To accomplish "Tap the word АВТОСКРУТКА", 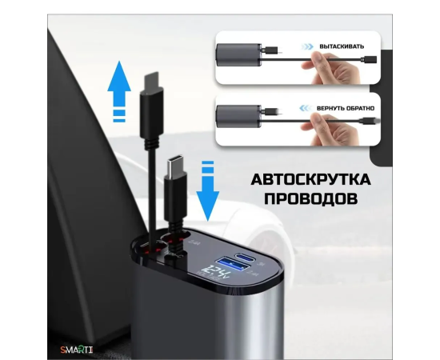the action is (310, 179).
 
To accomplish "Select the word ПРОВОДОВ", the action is (310, 198).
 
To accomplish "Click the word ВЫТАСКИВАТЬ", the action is (342, 46).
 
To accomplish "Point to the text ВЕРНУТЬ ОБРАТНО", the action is (346, 108).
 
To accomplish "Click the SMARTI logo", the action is (77, 350).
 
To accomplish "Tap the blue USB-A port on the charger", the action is (232, 264).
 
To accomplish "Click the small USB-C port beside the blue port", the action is (245, 257).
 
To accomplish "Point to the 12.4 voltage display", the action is (218, 272).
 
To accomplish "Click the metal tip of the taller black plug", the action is (151, 79).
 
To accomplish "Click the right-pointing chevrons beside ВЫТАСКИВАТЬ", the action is (307, 46).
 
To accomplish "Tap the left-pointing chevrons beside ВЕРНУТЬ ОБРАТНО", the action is (306, 108).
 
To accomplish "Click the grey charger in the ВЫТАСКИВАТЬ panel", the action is (238, 55).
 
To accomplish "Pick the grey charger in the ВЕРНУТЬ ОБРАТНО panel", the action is (238, 116).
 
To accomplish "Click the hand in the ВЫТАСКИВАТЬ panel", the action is (331, 69).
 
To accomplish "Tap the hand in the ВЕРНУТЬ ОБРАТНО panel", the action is (331, 130).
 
